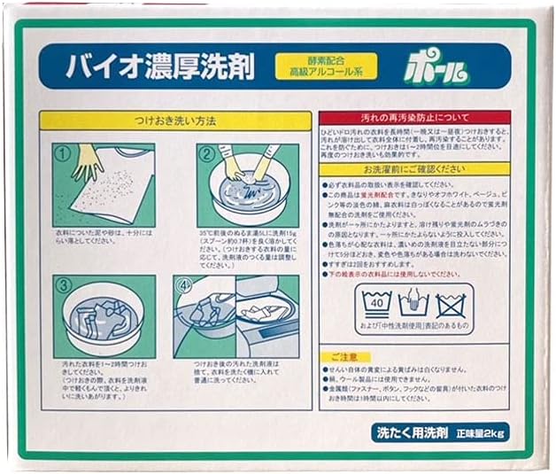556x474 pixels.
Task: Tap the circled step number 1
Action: pyautogui.click(x=63, y=152)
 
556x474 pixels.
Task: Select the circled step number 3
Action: pyautogui.click(x=63, y=286)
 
